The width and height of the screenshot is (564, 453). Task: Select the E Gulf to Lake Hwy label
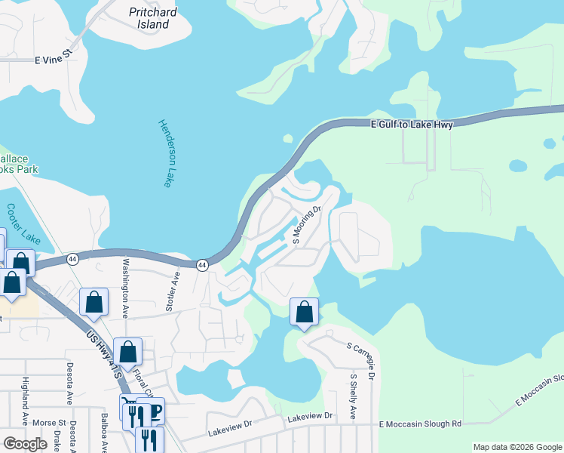(x=412, y=125)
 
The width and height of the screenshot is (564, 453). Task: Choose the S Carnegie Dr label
(x=362, y=356)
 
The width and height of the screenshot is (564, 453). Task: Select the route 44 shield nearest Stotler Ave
(x=202, y=265)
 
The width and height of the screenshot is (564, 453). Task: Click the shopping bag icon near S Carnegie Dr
(x=304, y=311)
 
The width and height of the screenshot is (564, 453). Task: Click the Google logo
(x=25, y=444)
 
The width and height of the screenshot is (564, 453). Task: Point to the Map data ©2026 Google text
(x=516, y=447)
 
